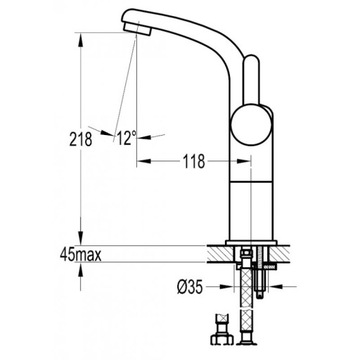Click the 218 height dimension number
81,139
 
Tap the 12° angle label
126,138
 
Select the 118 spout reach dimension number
194,162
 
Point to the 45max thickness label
81,255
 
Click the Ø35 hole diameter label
190,287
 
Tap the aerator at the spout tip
137,28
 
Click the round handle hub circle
251,125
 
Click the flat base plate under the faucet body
251,243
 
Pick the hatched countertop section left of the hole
220,254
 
